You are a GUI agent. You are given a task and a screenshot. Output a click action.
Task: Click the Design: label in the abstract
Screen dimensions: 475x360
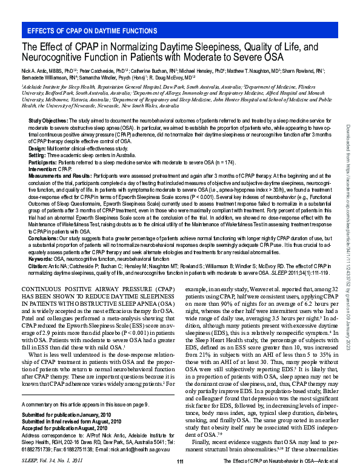(x=37, y=149)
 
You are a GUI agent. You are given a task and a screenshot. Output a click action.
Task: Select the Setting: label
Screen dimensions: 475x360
(x=37, y=155)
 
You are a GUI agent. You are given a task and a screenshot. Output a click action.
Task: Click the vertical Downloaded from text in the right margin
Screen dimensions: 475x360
(x=348, y=182)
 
